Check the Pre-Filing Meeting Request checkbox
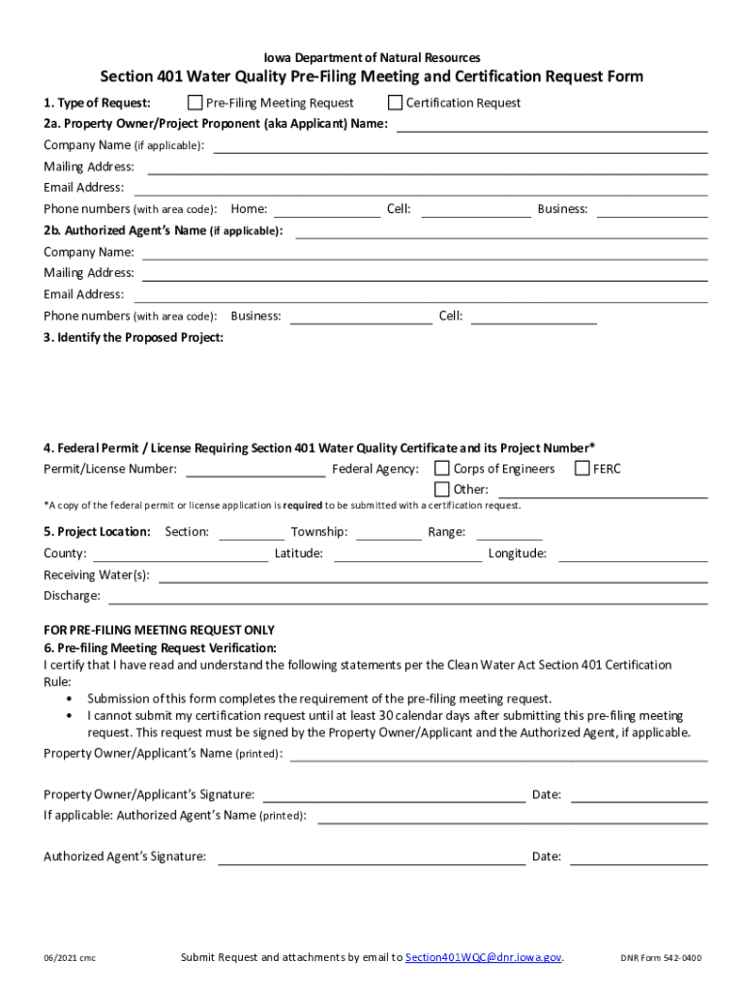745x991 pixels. [x=194, y=103]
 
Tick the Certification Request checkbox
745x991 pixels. [x=395, y=103]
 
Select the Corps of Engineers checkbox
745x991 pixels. [x=442, y=468]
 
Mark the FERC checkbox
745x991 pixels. [x=582, y=468]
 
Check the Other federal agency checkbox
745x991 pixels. [x=442, y=489]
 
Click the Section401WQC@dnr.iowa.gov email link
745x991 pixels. [x=484, y=957]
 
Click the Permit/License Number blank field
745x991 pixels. [x=255, y=470]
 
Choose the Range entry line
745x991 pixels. [x=509, y=532]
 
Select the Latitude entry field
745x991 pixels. [x=407, y=555]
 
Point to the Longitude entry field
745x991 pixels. [x=633, y=555]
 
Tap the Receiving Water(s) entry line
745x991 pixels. [x=432, y=576]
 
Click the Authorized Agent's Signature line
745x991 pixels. [x=372, y=857]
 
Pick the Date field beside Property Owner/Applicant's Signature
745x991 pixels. [x=640, y=796]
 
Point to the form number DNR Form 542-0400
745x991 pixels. [x=661, y=958]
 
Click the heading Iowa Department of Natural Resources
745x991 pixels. [x=372, y=58]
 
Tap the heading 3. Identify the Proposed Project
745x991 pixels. [x=134, y=338]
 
